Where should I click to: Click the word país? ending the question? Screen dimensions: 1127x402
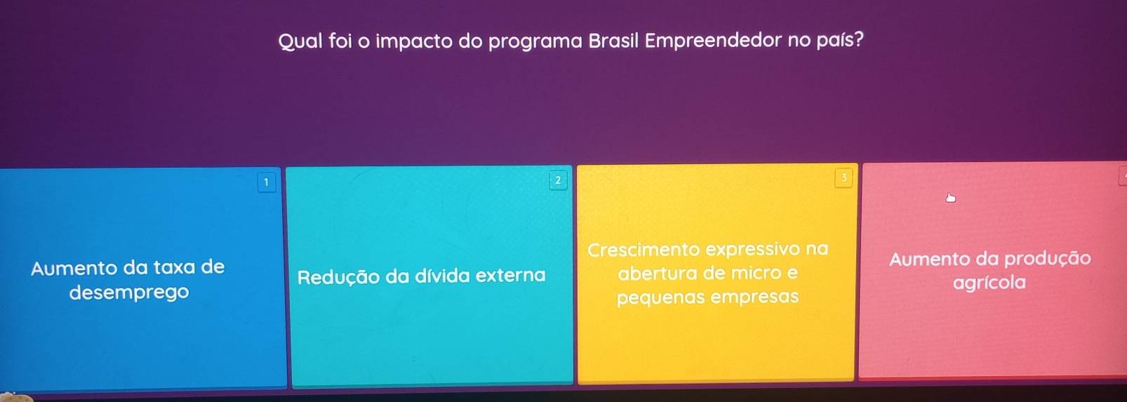pyautogui.click(x=840, y=40)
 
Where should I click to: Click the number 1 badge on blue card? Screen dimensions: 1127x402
pyautogui.click(x=267, y=182)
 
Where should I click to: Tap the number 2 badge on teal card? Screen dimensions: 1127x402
pyautogui.click(x=557, y=180)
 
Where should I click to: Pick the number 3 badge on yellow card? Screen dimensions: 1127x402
pyautogui.click(x=843, y=177)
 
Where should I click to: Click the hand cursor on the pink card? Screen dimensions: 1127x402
pyautogui.click(x=950, y=198)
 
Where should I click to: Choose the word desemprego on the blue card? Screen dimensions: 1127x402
pyautogui.click(x=129, y=293)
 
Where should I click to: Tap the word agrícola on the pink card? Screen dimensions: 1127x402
pyautogui.click(x=989, y=283)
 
